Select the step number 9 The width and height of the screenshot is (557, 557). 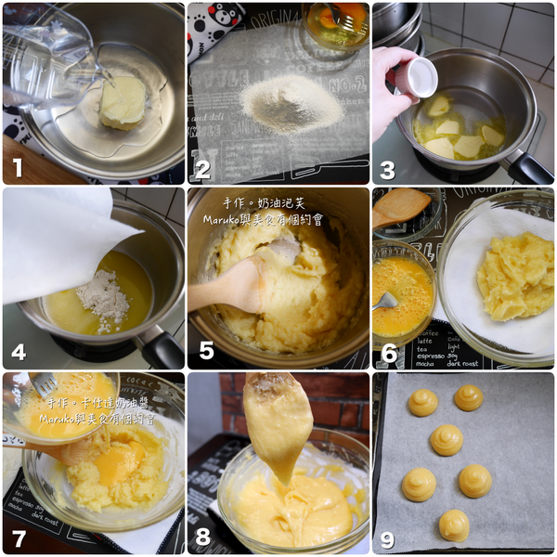(x=389, y=538)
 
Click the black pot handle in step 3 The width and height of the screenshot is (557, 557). (x=527, y=168)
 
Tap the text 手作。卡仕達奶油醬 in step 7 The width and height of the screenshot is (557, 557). (x=89, y=404)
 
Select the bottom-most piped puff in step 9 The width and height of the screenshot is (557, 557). (x=454, y=525)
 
